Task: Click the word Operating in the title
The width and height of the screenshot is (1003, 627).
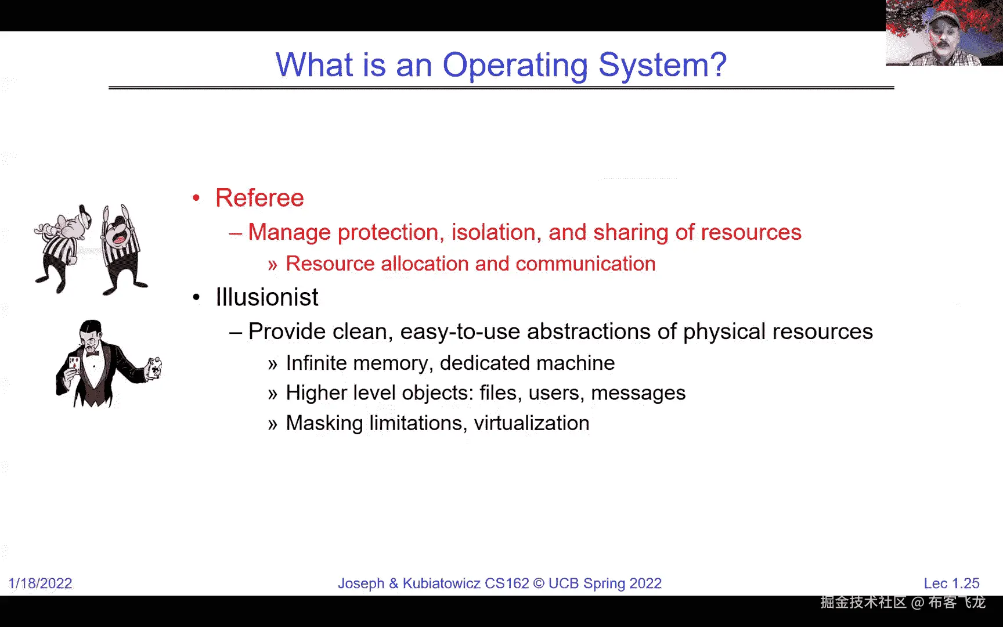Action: coord(515,65)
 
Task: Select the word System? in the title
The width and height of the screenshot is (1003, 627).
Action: coord(662,65)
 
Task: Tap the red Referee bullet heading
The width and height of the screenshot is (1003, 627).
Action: coord(259,198)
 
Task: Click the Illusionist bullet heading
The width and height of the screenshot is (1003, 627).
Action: coord(267,297)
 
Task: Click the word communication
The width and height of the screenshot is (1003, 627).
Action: coord(586,264)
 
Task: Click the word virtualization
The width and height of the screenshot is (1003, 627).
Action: coord(532,423)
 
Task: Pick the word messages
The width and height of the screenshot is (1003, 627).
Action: coord(638,393)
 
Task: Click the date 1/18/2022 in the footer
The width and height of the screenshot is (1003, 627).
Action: coord(40,583)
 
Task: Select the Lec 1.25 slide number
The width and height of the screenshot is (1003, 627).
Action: coord(951,583)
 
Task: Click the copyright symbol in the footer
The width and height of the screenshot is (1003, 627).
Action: coord(539,583)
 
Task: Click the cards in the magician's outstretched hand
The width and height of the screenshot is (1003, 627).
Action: coord(154,367)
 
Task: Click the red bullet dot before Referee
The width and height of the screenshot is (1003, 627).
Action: coord(196,198)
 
